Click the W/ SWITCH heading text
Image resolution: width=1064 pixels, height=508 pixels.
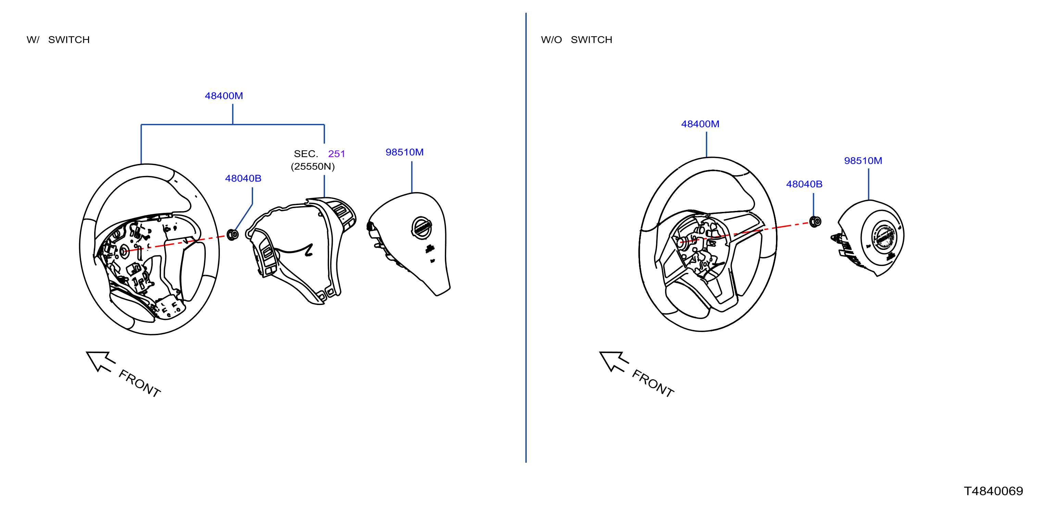tap(58, 40)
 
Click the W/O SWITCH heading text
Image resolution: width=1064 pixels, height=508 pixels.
tap(577, 40)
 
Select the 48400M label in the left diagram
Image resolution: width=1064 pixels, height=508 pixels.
tap(224, 96)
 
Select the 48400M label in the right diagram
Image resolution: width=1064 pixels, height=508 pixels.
tap(700, 124)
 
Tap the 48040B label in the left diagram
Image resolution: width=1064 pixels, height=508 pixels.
tap(243, 178)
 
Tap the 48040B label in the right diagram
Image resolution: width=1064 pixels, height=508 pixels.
tap(804, 184)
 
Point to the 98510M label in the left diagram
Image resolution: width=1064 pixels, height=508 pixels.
tap(404, 152)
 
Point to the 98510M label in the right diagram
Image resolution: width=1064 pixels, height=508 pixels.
tap(863, 161)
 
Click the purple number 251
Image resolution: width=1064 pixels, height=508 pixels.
tap(337, 154)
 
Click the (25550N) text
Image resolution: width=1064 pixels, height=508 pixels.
tap(313, 166)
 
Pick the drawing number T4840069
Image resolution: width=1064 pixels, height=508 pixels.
tap(993, 491)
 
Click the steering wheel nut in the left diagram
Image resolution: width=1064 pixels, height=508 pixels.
tap(233, 234)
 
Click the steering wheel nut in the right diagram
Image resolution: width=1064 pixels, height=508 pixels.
tap(815, 222)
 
